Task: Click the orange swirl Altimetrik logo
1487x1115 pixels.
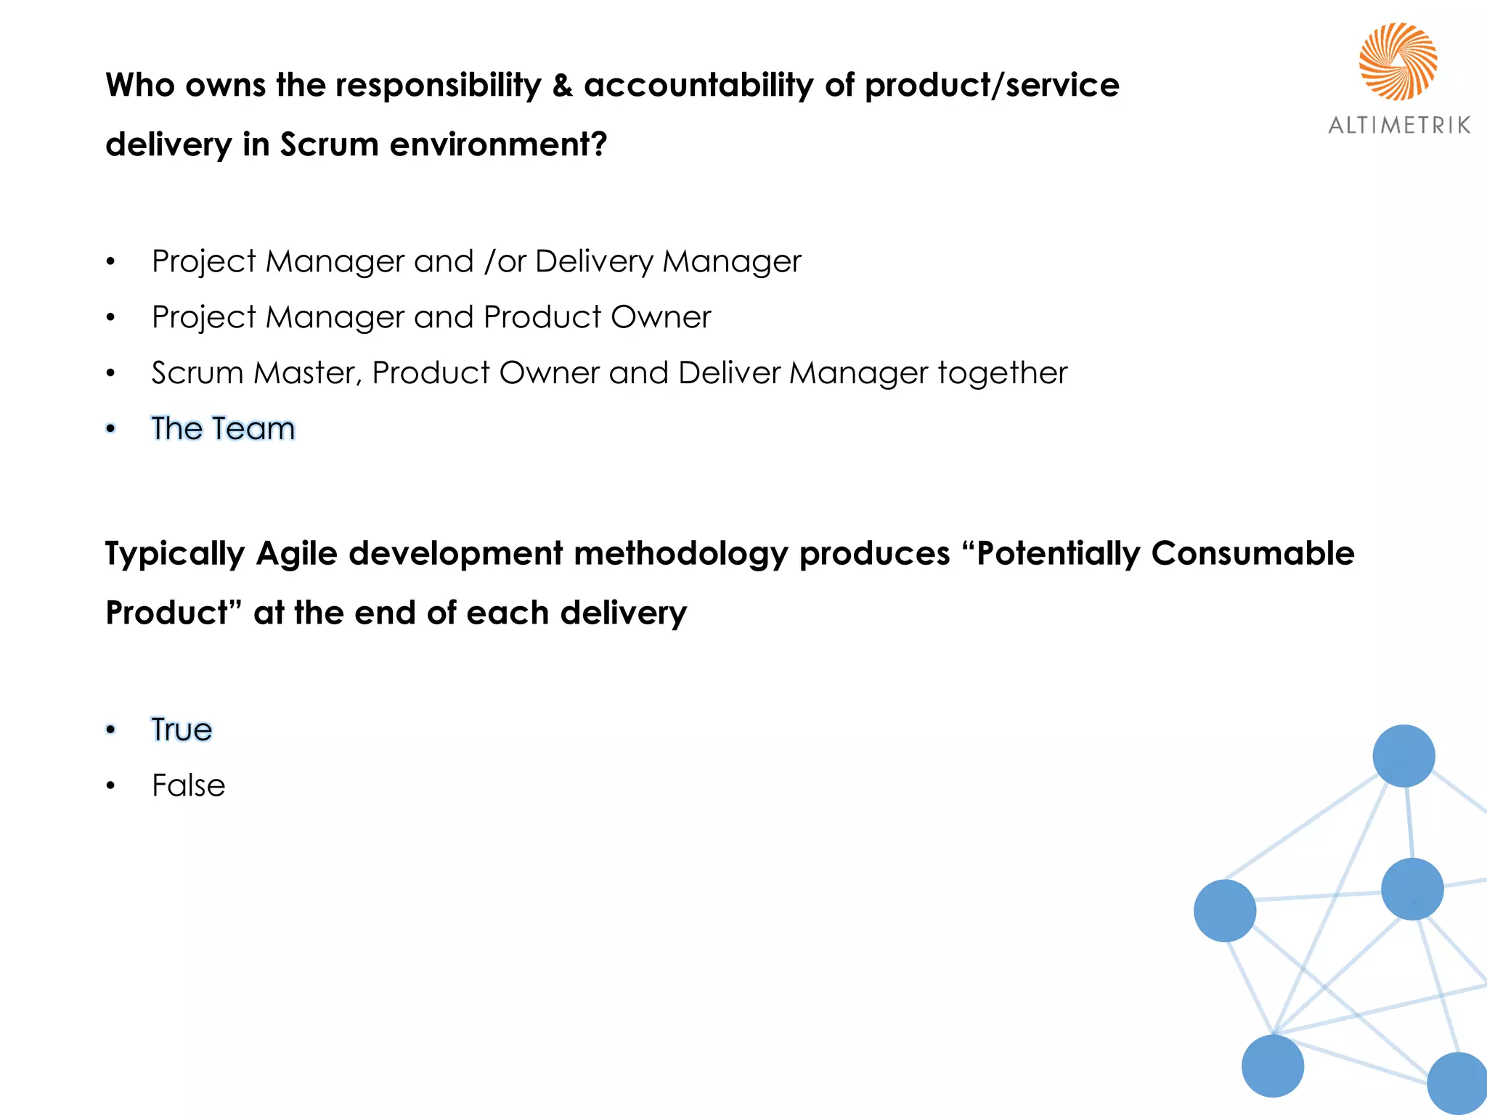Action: [1398, 61]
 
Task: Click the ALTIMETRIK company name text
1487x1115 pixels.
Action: [1399, 126]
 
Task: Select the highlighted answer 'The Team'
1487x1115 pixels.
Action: [223, 428]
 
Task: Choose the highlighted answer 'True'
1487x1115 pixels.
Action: [182, 730]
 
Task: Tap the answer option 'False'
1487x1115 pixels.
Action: [188, 785]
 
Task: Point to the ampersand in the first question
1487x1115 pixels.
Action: [563, 86]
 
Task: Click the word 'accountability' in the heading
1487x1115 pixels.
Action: [698, 86]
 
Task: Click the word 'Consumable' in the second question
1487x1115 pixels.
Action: [1252, 554]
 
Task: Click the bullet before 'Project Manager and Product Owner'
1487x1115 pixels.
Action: [110, 317]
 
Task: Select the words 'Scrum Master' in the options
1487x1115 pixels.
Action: [254, 373]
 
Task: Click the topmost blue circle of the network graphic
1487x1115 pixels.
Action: [1404, 756]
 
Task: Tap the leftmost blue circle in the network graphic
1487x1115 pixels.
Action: [1225, 910]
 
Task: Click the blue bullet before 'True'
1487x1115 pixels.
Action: [110, 730]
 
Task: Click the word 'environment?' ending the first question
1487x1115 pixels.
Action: [498, 144]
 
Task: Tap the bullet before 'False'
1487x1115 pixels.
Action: [110, 785]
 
